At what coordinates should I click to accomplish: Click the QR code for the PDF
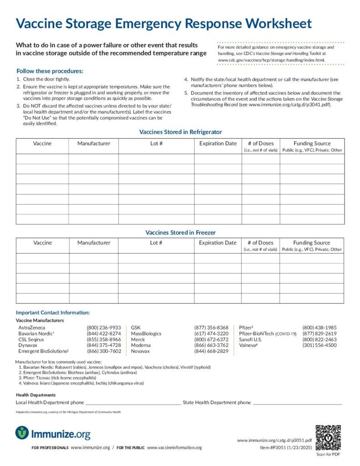(328, 437)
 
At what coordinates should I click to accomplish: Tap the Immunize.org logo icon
(22, 433)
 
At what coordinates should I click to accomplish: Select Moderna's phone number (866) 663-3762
(211, 345)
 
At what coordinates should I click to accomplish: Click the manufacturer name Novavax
(141, 351)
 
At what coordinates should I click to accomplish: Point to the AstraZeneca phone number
(104, 327)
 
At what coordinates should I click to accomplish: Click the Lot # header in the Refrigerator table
(156, 143)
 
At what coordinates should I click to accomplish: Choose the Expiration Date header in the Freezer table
(218, 243)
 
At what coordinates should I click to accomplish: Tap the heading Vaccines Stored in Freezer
(180, 233)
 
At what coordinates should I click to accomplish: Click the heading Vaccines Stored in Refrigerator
(180, 132)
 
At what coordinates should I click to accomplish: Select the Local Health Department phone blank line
(133, 403)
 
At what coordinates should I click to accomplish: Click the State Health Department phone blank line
(297, 403)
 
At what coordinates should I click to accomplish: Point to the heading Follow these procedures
(50, 71)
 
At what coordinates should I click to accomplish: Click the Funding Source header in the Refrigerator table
(312, 143)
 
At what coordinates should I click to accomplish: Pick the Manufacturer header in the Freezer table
(94, 243)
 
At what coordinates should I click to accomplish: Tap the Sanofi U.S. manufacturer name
(250, 339)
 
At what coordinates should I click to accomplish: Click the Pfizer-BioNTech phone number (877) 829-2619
(319, 333)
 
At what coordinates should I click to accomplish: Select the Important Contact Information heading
(53, 313)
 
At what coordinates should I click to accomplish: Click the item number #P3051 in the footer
(275, 447)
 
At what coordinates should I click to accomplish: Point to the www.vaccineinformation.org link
(174, 448)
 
